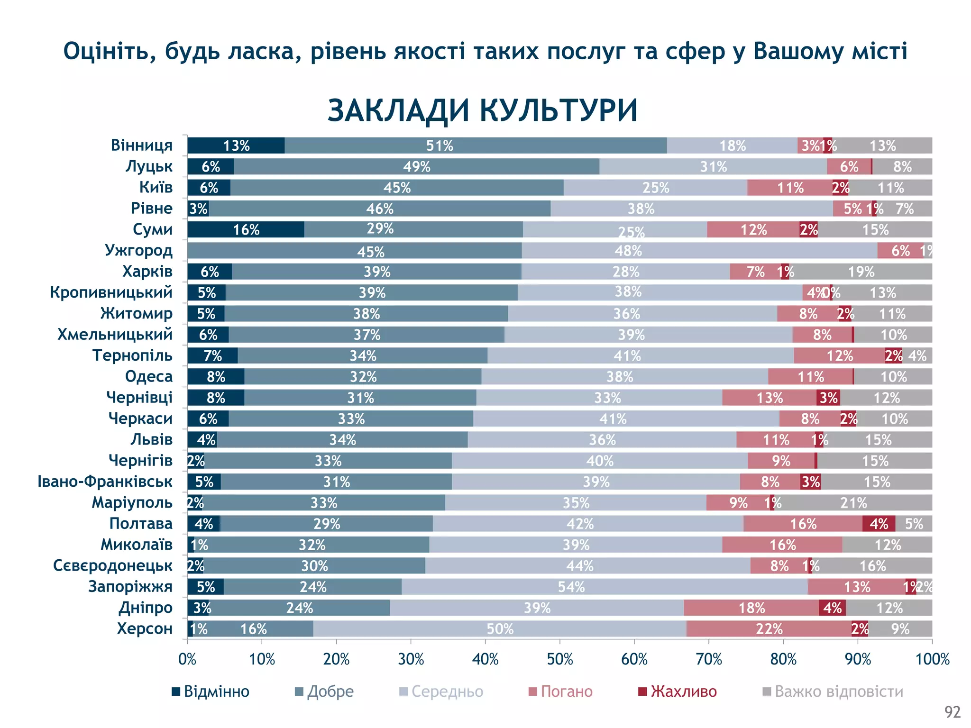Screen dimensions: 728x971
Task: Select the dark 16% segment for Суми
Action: point(246,230)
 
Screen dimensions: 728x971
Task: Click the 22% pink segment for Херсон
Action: point(769,629)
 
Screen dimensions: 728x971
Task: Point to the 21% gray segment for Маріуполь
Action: point(853,503)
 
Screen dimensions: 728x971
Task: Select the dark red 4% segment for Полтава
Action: point(879,524)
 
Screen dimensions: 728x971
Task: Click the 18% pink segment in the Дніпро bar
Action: point(751,608)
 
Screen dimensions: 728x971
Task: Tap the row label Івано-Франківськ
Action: point(105,482)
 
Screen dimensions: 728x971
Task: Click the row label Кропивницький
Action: point(111,292)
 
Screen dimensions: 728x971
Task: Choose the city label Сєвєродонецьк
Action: point(112,565)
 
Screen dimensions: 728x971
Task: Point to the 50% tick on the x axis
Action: point(560,659)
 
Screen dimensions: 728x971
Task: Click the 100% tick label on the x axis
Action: point(932,659)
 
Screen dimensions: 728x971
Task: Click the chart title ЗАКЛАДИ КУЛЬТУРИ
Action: point(482,110)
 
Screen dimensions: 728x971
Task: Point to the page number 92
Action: point(952,712)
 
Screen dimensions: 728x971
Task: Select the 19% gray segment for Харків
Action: point(861,272)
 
